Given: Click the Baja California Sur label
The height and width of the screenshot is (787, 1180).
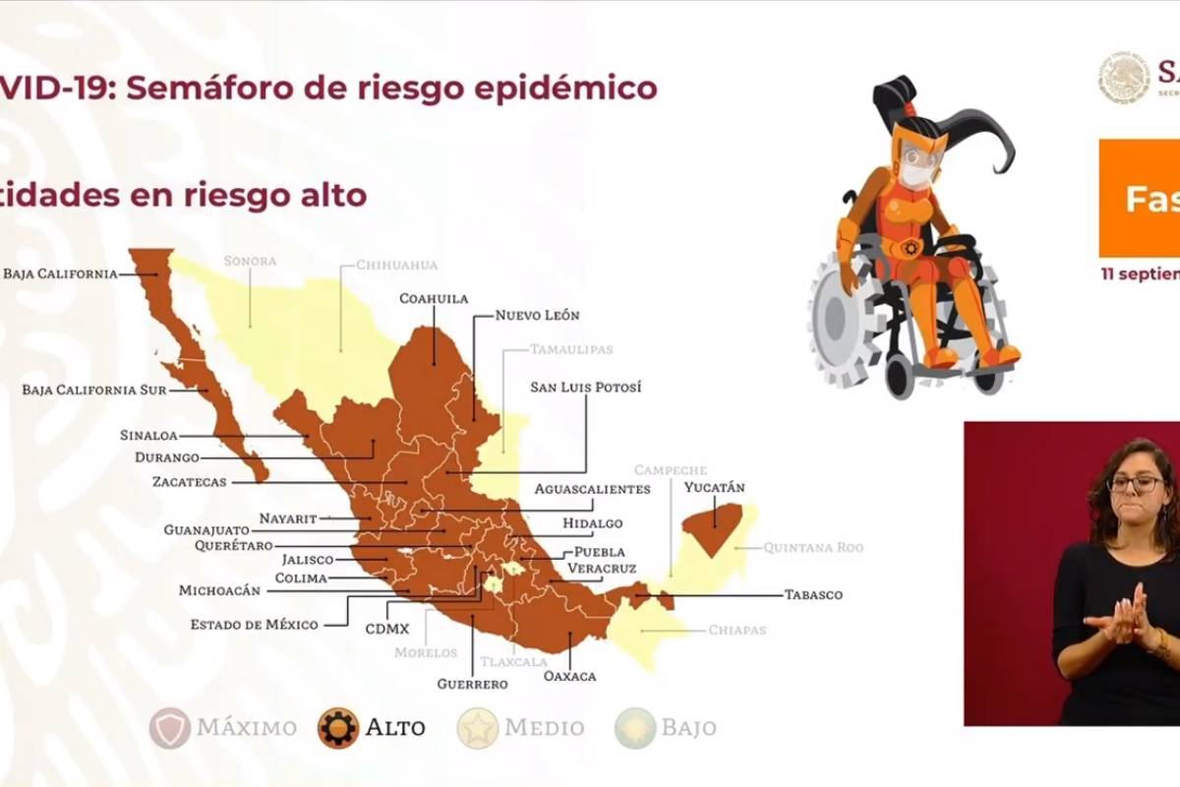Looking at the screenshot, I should click(93, 390).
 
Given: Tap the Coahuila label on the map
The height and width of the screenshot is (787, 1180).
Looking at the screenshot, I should click(434, 298).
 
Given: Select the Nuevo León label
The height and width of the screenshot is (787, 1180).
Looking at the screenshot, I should click(537, 316).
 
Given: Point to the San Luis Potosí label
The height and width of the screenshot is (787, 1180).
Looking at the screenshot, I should click(585, 388).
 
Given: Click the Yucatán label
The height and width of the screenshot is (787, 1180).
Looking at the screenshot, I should click(715, 488).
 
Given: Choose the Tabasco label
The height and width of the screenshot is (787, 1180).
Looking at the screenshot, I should click(813, 595).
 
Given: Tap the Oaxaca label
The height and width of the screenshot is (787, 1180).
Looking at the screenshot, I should click(569, 677).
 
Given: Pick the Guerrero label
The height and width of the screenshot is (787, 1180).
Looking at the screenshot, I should click(473, 684).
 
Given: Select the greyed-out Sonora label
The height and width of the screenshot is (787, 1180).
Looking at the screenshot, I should click(250, 262).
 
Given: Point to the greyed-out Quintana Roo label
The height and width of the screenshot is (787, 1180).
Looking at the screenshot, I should click(813, 548).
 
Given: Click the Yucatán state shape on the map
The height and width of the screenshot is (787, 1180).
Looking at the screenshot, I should click(712, 522).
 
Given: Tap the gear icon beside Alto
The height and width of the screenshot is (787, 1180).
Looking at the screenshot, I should click(338, 728).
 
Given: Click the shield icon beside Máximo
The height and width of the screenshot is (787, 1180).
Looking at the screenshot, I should click(170, 728).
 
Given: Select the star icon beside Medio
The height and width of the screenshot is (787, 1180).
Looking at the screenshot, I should click(478, 728).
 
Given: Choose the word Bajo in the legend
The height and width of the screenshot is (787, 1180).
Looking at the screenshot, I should click(688, 728).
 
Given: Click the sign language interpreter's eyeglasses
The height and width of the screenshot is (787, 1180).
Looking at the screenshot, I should click(1135, 484).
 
